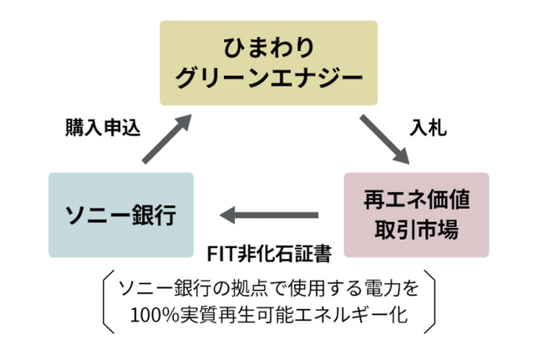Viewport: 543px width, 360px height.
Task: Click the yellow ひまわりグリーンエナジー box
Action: pos(268,63)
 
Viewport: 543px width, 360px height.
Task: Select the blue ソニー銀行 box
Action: pos(120,215)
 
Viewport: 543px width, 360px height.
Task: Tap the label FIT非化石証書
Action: pos(269,251)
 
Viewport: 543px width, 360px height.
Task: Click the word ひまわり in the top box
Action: pos(269,45)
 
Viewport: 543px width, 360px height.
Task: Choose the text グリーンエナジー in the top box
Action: pos(269,79)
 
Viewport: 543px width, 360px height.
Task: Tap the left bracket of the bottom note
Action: pos(106,302)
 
